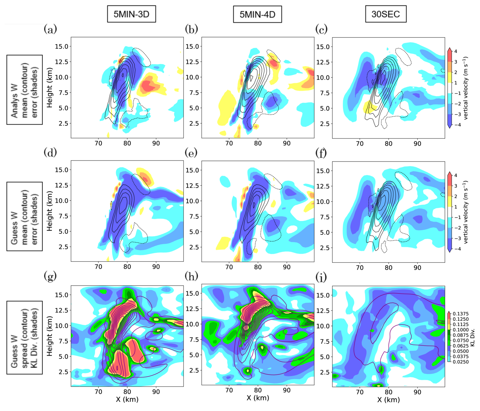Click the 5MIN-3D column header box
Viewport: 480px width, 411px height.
(x=131, y=14)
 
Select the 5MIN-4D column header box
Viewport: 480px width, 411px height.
(x=257, y=14)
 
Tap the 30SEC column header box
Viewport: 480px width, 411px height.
(x=386, y=14)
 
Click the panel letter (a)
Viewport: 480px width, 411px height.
(x=50, y=30)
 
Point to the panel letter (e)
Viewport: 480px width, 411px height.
(x=191, y=153)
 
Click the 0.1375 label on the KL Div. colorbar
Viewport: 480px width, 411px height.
(x=461, y=314)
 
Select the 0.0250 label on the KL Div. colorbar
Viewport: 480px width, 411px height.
(x=461, y=362)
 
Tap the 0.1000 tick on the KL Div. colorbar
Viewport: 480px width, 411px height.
(x=461, y=330)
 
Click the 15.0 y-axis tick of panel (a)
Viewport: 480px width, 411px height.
(x=61, y=46)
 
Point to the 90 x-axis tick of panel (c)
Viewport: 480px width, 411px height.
(x=417, y=144)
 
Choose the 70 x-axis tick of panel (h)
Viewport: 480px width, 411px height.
(x=229, y=390)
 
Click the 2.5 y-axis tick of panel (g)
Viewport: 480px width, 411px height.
(x=63, y=372)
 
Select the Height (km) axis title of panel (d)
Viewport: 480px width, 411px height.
(x=50, y=211)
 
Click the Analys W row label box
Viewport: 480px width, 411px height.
(x=25, y=90)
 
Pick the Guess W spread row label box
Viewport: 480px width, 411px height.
(x=25, y=337)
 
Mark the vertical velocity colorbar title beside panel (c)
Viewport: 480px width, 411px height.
(x=466, y=88)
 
